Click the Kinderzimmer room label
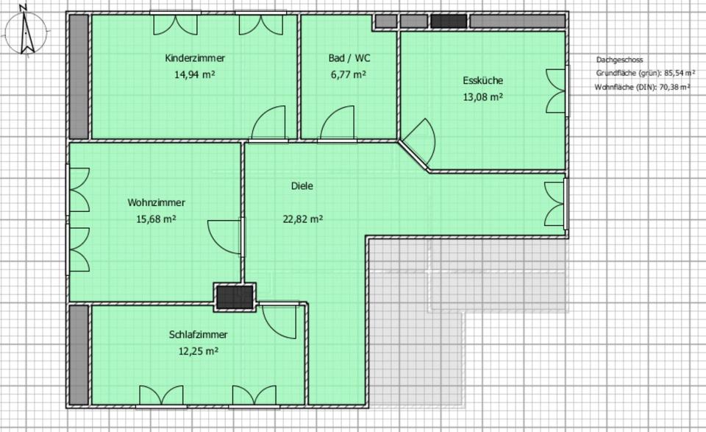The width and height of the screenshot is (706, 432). pos(195,58)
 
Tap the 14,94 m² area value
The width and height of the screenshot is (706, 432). pos(195,74)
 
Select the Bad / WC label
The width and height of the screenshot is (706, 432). pos(349,58)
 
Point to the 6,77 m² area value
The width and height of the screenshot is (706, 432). pos(349,74)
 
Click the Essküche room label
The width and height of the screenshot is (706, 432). pos(482,81)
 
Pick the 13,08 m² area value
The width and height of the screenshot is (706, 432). pos(482,97)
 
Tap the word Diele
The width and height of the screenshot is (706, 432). pos(302,186)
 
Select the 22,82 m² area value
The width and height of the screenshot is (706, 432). pos(302,219)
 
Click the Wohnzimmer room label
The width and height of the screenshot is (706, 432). pos(156,202)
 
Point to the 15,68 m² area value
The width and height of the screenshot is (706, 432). pos(156,219)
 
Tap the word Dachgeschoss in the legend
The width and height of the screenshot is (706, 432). pos(619,60)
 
